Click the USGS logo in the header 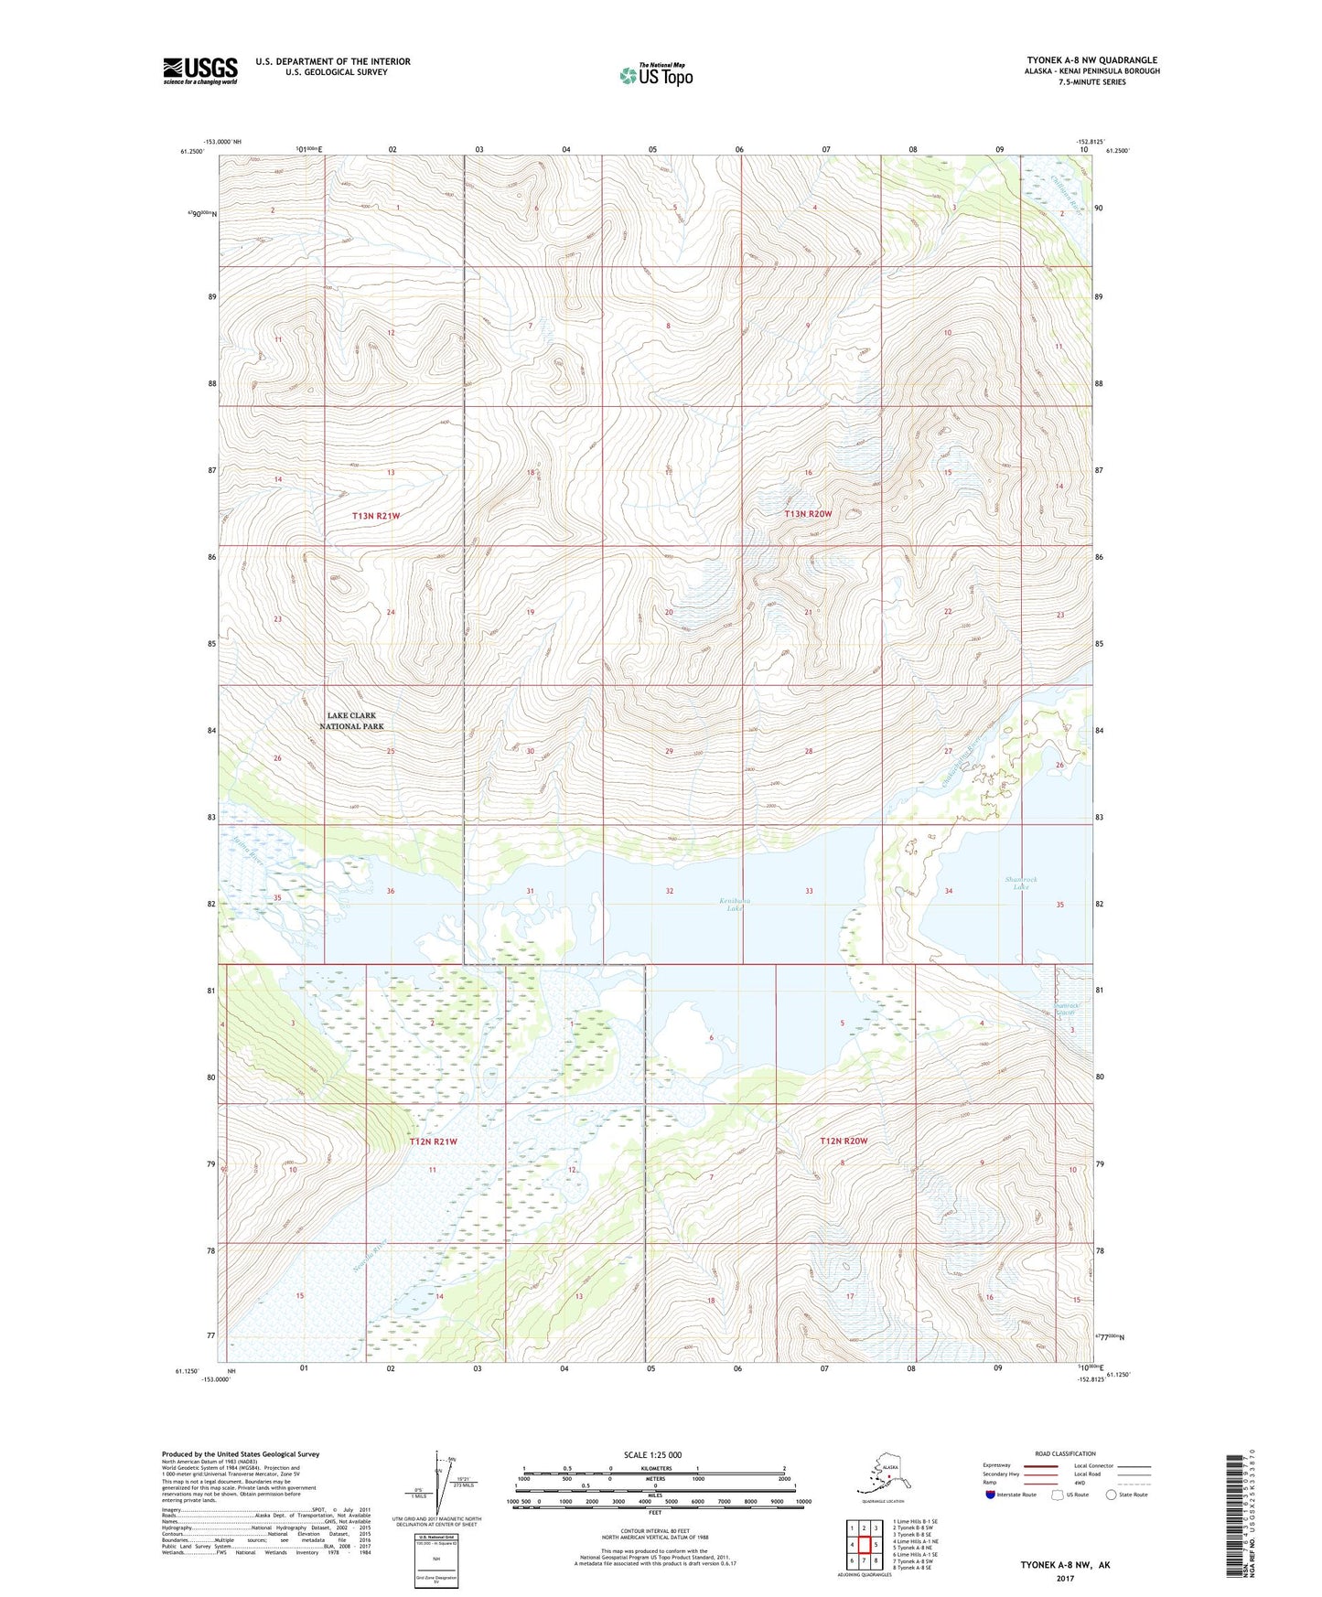[199, 70]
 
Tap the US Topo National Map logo [655, 75]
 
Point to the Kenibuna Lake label [734, 905]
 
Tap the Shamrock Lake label [1021, 883]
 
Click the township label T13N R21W [377, 516]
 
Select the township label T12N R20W [843, 1141]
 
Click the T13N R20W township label [808, 514]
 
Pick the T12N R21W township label [433, 1141]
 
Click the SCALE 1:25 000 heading [654, 1454]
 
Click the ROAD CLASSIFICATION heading [1065, 1453]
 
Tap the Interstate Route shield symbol [991, 1495]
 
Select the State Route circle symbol [1112, 1495]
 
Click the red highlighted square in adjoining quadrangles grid [864, 1544]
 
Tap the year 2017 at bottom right [1064, 1578]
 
